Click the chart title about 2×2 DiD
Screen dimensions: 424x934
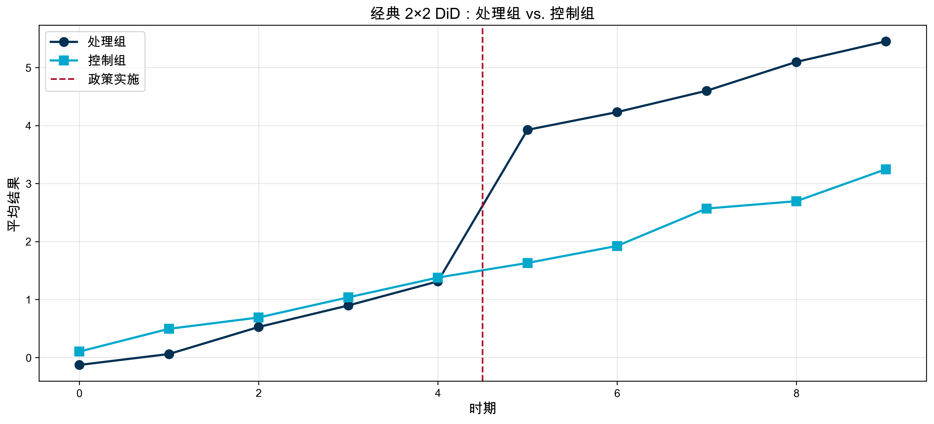(482, 14)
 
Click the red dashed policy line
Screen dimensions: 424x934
(483, 326)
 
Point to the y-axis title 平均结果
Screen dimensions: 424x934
(14, 204)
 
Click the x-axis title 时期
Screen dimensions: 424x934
(483, 408)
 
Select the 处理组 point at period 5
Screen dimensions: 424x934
(528, 130)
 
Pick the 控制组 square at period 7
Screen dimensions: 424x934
(706, 209)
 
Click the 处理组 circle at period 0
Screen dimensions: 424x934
(79, 365)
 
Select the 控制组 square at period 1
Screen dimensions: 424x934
(169, 329)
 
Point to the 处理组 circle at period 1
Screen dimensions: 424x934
(169, 354)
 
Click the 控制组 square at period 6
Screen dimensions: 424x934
(617, 246)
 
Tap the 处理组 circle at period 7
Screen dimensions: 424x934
(706, 91)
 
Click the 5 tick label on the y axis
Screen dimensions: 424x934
(28, 68)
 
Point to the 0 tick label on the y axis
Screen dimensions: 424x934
(28, 358)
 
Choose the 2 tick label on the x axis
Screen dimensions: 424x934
(259, 393)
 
